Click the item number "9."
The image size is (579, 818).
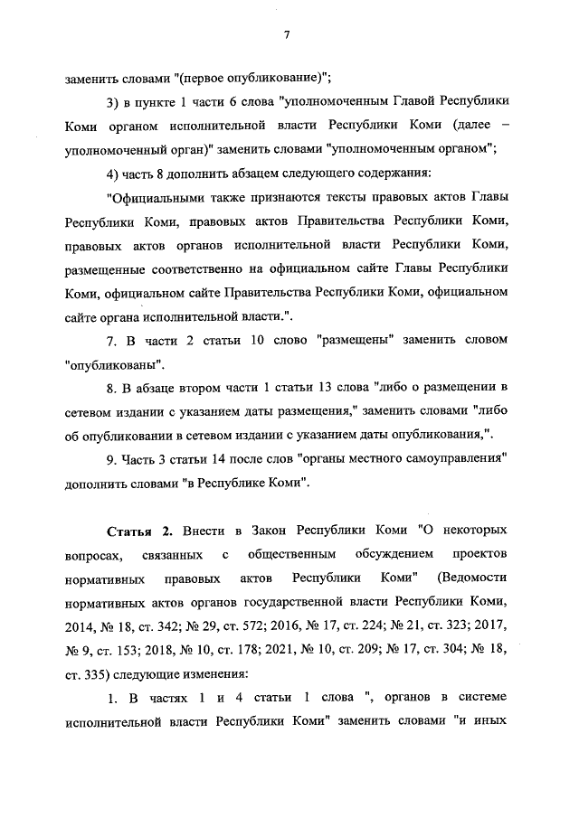point(112,458)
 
